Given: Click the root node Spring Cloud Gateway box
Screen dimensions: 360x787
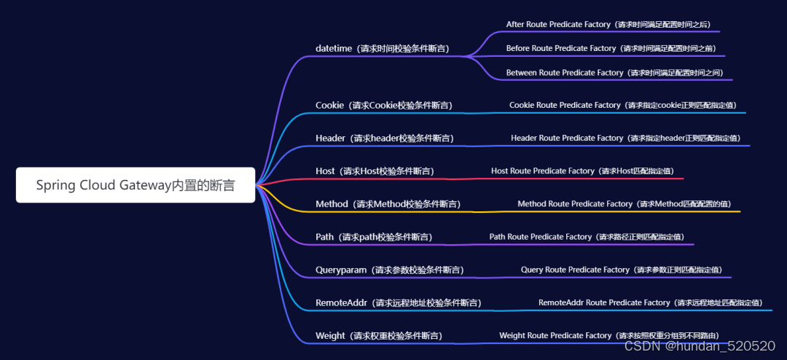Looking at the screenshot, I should pos(136,185).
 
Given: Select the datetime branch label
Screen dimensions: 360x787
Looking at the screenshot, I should pos(382,49).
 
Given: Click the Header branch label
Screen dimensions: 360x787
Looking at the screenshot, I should pos(384,138).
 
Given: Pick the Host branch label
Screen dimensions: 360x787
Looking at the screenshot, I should pos(374,171).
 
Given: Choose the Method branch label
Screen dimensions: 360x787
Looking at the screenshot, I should pos(388,204).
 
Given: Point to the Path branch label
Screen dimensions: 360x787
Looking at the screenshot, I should pos(373,237).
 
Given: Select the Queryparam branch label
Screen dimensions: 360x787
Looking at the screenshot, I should pos(389,270).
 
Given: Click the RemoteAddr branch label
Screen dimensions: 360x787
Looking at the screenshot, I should pos(398,302).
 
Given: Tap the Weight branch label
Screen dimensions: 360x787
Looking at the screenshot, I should pos(378,336).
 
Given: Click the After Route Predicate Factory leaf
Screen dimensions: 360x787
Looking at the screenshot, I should pos(608,24).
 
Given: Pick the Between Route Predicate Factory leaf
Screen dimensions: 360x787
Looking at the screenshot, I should pos(614,73).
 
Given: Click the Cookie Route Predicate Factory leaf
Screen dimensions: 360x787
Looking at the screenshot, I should pos(623,105).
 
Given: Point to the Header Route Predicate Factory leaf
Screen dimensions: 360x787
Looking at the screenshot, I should pos(625,138).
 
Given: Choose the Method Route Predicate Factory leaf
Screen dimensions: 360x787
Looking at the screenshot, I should pos(624,204).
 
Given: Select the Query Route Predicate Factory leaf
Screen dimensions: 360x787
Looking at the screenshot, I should pos(622,270).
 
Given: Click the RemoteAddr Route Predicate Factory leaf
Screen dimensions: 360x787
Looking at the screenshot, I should pos(650,302).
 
